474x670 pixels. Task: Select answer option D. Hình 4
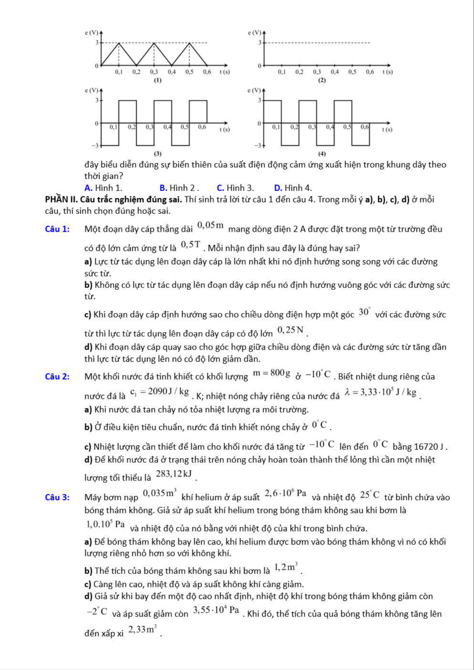293,188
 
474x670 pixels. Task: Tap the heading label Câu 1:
57,229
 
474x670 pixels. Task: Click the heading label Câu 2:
57,377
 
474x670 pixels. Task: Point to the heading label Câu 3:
57,497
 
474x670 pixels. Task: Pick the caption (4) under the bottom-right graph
322,154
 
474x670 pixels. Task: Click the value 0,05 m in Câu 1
211,226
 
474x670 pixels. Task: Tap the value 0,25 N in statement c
290,330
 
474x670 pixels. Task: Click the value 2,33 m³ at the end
143,629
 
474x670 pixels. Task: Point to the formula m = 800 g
271,373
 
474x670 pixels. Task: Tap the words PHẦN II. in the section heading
61,200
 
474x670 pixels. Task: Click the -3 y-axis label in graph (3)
94,146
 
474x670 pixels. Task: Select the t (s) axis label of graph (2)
387,72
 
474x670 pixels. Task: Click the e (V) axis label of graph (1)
92,32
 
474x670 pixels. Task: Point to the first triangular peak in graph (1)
119,43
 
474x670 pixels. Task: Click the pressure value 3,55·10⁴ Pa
216,610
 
